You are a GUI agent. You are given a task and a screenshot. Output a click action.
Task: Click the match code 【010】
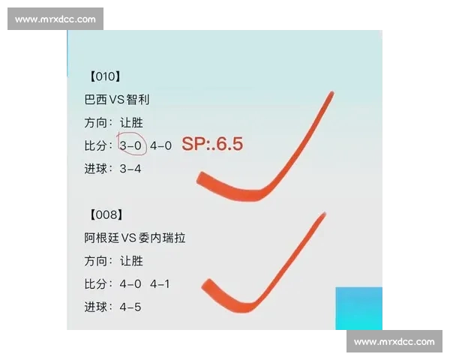[104, 76]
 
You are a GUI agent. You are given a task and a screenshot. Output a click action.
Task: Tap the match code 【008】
[104, 215]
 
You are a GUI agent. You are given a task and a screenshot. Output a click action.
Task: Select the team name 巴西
[96, 100]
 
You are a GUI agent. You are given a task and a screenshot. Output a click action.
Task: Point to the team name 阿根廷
[101, 238]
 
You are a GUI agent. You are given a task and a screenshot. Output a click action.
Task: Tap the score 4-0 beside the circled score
[161, 145]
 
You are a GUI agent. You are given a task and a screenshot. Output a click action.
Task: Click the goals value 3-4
[130, 169]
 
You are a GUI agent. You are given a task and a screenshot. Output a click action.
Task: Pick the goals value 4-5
[130, 307]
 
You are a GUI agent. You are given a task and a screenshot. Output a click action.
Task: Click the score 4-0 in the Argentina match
[130, 284]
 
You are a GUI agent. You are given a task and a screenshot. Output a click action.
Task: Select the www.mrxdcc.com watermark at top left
[55, 19]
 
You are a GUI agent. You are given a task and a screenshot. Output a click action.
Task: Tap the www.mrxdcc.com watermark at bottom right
[394, 341]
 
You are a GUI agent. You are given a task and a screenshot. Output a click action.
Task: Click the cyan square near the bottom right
[358, 307]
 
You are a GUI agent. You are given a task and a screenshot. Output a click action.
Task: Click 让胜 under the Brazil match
[130, 123]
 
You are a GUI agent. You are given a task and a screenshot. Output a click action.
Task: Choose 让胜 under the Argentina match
[130, 261]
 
